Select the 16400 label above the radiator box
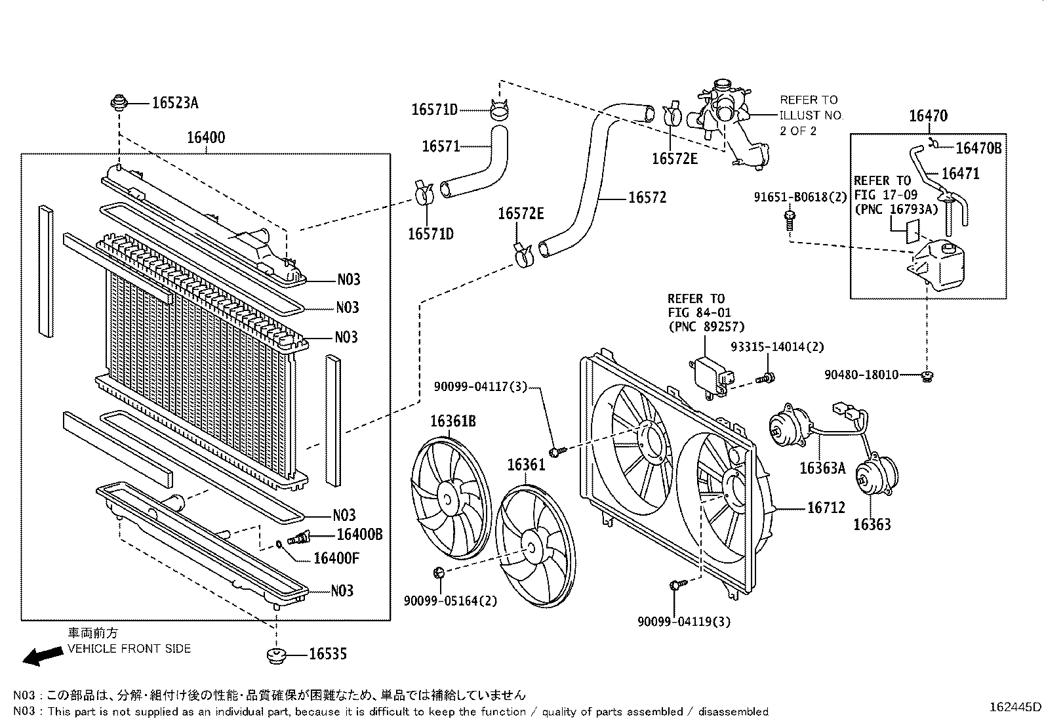205,138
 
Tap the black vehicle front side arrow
39,657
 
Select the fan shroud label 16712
826,508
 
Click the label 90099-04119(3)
683,621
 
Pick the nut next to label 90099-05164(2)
439,574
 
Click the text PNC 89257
706,326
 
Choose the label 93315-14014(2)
777,347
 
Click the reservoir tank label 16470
928,117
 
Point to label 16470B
978,148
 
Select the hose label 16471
960,174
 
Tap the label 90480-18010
861,375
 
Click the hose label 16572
647,197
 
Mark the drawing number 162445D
1014,707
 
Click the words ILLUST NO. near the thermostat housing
811,115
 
